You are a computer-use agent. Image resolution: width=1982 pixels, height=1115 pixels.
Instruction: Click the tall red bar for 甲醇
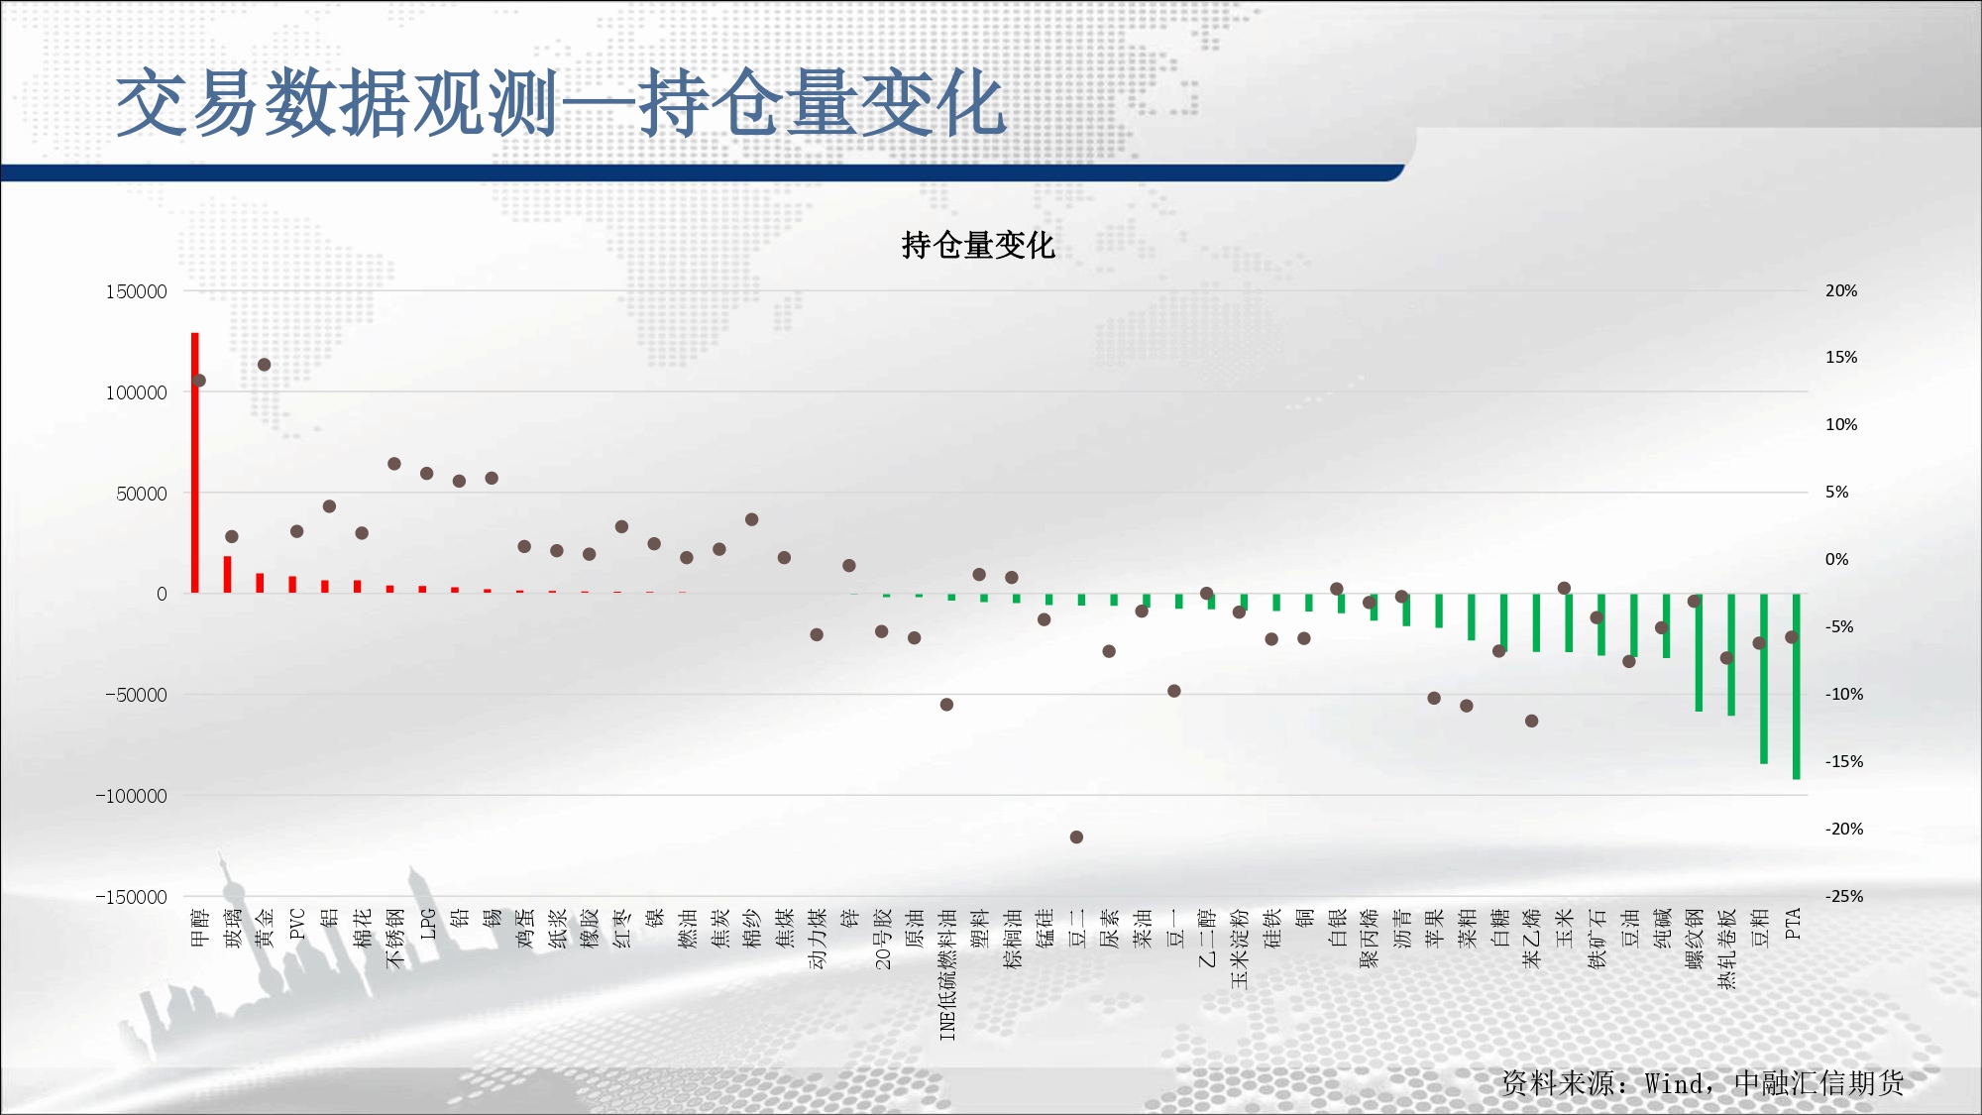click(195, 463)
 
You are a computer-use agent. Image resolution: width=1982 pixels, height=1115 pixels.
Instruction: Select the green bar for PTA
click(1797, 686)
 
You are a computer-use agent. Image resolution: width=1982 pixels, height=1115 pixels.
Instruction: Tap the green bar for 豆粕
click(1764, 678)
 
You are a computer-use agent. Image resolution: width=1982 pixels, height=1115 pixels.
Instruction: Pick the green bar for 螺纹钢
click(1699, 652)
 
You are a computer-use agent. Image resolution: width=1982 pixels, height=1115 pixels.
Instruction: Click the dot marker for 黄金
click(265, 365)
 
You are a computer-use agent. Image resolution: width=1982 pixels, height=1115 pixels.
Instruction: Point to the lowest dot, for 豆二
click(1076, 837)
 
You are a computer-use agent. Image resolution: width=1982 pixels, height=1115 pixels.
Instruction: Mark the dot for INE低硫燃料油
click(946, 705)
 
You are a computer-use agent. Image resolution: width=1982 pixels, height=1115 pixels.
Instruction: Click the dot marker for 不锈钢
click(394, 464)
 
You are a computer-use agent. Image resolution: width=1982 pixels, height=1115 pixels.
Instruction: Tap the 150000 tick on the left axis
click(137, 291)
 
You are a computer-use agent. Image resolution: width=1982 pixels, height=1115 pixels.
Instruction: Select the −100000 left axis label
click(132, 796)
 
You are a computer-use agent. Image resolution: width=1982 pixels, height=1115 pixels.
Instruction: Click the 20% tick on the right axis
click(1841, 290)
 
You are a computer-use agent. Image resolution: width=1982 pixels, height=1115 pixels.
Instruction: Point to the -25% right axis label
click(1844, 896)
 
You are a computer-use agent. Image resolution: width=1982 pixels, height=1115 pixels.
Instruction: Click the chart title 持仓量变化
click(978, 245)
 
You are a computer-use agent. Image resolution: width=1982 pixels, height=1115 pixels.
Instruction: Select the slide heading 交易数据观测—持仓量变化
click(562, 103)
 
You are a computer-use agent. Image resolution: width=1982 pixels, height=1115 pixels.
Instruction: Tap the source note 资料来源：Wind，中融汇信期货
click(1703, 1082)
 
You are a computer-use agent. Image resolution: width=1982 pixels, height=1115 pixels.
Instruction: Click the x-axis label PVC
click(297, 924)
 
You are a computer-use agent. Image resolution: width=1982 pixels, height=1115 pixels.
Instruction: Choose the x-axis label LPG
click(428, 924)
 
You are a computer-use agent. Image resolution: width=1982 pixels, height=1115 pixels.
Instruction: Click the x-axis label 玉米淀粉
click(1240, 948)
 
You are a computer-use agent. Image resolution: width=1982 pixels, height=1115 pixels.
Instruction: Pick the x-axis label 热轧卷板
click(1727, 948)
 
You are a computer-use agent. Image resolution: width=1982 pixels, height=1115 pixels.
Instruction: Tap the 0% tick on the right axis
click(1837, 559)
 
